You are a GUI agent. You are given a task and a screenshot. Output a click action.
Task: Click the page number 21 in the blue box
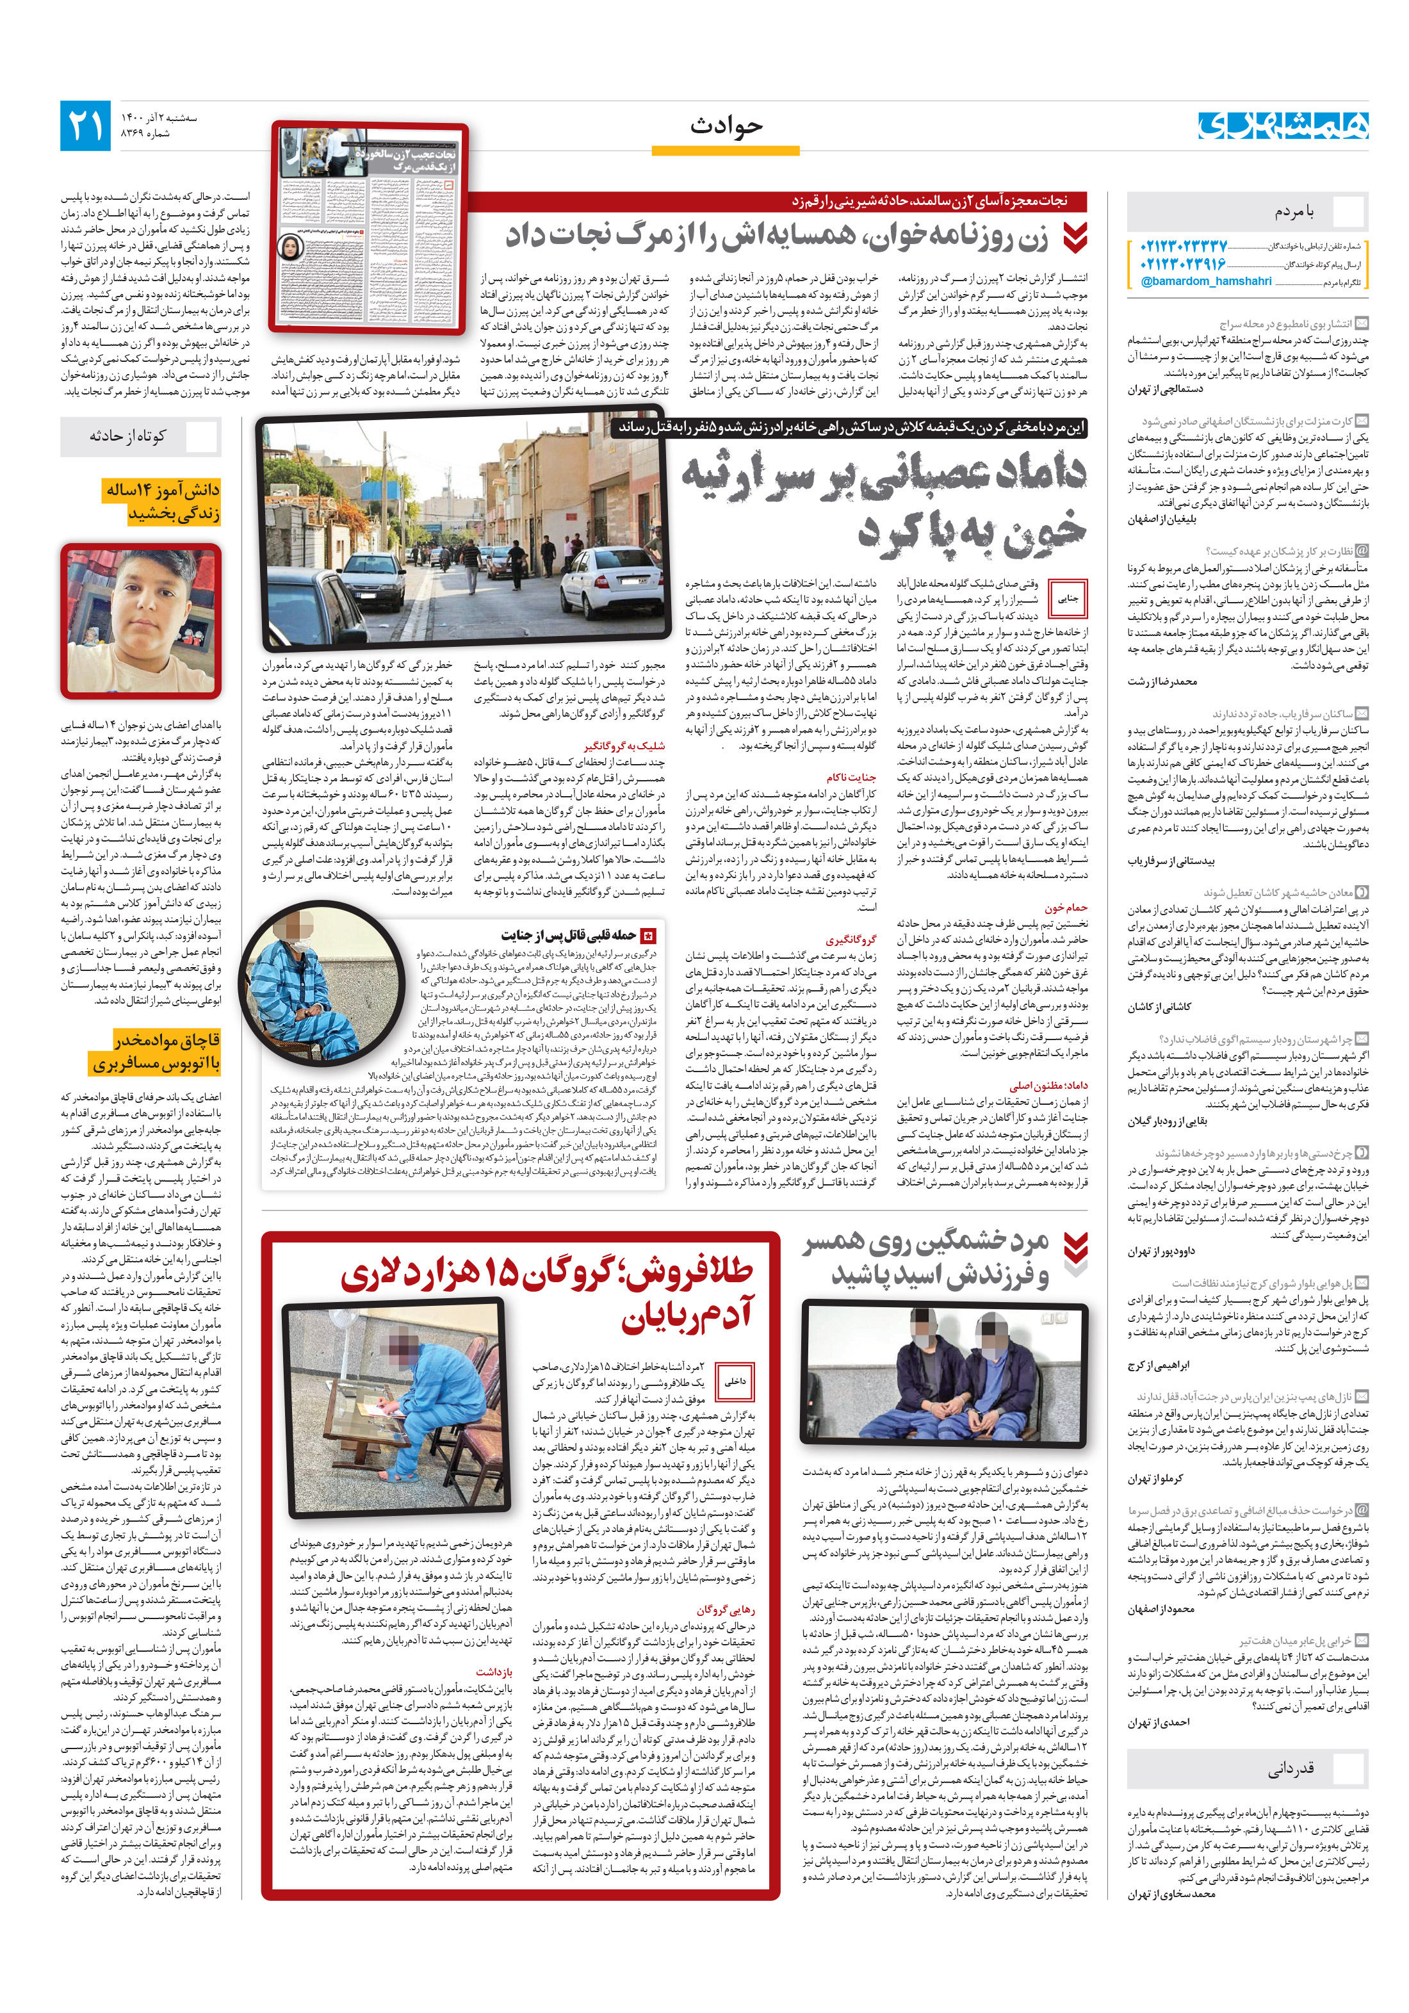pyautogui.click(x=86, y=126)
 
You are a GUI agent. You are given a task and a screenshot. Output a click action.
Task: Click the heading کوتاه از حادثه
pyautogui.click(x=127, y=436)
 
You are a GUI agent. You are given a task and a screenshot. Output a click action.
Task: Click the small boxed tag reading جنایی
pyautogui.click(x=1068, y=599)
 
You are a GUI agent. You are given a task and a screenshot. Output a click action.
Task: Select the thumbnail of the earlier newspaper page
pyautogui.click(x=369, y=228)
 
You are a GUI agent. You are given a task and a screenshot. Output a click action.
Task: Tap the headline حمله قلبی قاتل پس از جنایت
pyautogui.click(x=567, y=934)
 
